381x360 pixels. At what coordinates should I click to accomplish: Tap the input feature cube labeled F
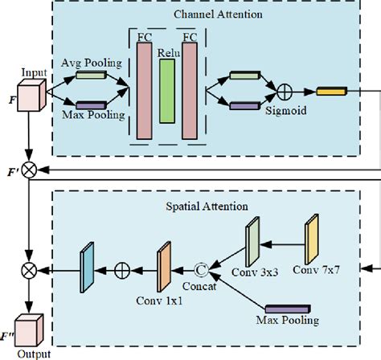tap(31, 100)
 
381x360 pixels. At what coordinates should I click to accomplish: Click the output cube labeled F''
tap(30, 329)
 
